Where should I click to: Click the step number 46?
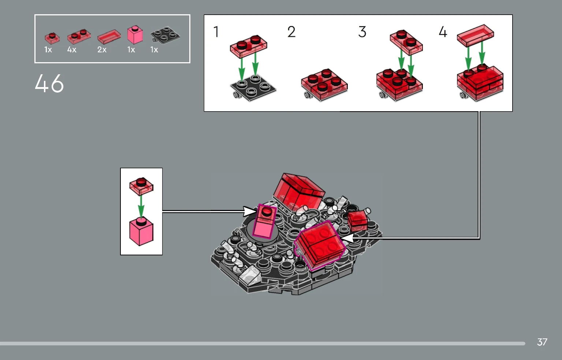[x=49, y=83]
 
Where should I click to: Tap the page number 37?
[x=542, y=342]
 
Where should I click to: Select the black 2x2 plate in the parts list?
[x=165, y=35]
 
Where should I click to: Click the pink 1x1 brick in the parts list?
[x=135, y=35]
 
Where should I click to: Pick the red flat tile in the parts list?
[x=109, y=37]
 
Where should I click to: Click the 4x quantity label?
[x=72, y=50]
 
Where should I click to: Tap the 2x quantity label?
[x=102, y=50]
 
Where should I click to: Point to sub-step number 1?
[x=216, y=32]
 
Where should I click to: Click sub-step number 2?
[x=291, y=32]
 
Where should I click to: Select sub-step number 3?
[x=362, y=32]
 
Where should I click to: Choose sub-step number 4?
[x=443, y=32]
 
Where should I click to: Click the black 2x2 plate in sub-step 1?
[x=253, y=88]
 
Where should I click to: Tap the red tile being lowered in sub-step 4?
[x=476, y=35]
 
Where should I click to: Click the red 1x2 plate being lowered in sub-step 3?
[x=406, y=42]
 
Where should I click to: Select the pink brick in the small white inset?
[x=141, y=232]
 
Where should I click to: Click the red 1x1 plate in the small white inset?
[x=141, y=186]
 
